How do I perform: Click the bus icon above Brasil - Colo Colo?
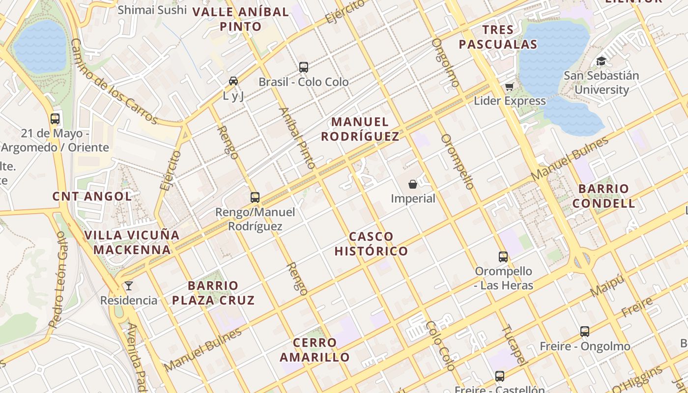304,67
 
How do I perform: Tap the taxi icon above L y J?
233,81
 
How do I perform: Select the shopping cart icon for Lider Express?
509,86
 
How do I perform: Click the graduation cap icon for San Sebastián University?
601,61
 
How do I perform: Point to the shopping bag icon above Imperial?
413,184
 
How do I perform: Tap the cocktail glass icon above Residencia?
129,286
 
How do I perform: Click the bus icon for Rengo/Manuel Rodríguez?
255,197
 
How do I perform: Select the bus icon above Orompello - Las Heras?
503,256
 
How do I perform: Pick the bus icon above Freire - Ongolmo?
584,332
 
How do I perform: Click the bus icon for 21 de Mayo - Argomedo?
55,118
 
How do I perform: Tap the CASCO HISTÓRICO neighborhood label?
371,244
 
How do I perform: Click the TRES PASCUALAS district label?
498,37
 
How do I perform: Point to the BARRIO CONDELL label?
603,196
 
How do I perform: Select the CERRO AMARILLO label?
315,350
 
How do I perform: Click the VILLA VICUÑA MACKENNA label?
132,242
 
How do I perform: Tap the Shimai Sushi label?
152,9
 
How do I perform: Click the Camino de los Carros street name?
113,81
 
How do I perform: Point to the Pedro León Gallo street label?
57,280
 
